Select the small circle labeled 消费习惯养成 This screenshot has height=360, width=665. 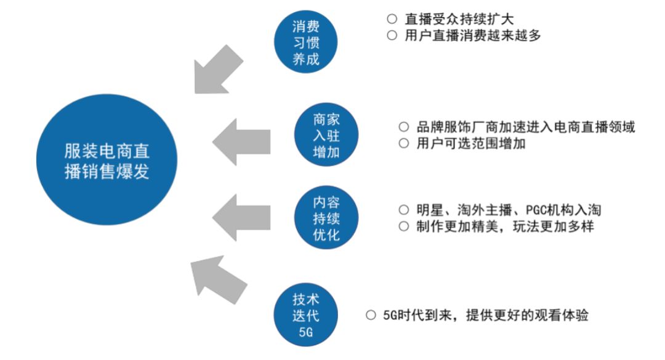coord(306,42)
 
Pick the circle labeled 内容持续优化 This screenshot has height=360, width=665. coord(326,219)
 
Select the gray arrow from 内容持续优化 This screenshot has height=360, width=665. coord(241,216)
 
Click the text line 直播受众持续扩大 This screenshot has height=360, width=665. coord(459,18)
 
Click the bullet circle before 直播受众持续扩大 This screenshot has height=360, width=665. coord(392,18)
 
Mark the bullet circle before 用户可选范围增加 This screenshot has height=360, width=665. coord(404,144)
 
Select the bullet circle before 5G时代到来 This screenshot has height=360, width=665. coord(371,316)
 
